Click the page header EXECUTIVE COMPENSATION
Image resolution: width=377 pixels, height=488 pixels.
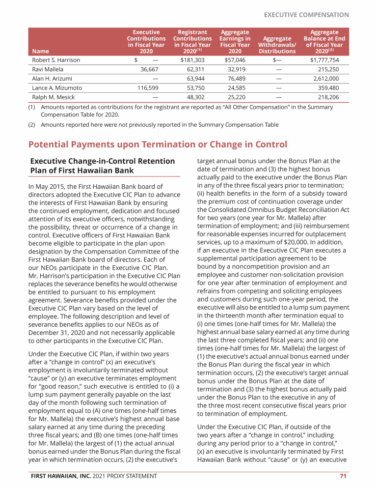[x=306, y=15]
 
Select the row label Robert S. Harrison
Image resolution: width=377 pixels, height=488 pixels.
[x=56, y=60]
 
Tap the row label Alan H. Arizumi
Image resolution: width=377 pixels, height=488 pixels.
[x=52, y=79]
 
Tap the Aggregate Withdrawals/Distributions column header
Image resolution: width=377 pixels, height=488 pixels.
[x=277, y=44]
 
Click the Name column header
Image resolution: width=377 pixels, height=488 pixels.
[x=40, y=51]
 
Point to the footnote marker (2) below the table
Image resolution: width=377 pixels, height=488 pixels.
[x=32, y=125]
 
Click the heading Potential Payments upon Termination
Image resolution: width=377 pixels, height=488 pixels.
[x=158, y=144]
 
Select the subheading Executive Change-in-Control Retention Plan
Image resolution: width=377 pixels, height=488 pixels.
[x=103, y=166]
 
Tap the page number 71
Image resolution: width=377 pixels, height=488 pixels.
[x=344, y=476]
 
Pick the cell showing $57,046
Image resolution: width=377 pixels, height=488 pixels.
[x=235, y=60]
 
